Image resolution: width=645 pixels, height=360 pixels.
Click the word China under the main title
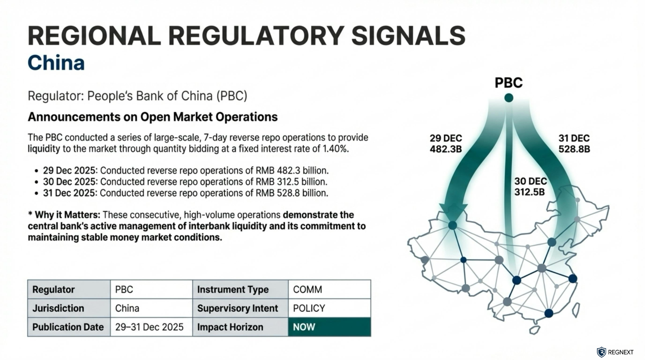(56, 63)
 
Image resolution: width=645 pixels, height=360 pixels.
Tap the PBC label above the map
(509, 83)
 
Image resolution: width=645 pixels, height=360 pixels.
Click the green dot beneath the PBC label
(509, 97)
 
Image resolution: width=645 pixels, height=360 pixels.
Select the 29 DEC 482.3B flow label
(446, 144)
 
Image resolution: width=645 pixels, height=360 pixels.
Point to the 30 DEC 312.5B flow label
(531, 187)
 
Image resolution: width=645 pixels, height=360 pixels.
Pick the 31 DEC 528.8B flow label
(574, 144)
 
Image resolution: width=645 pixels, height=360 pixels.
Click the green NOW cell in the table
(329, 327)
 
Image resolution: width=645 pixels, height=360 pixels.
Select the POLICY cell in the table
(329, 308)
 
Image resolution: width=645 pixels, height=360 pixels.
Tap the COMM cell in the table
(329, 290)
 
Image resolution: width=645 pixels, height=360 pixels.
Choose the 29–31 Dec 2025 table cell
(150, 327)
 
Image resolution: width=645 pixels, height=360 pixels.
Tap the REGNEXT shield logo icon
(601, 352)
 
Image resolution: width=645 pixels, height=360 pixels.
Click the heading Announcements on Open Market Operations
(153, 117)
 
